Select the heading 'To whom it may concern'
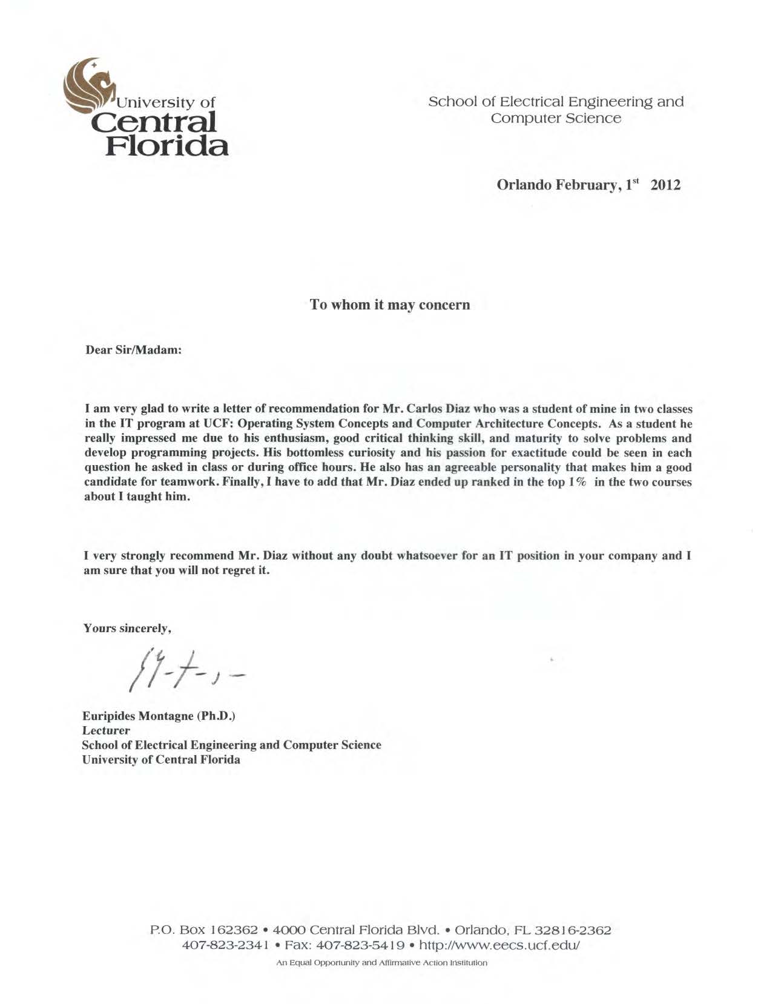(x=389, y=305)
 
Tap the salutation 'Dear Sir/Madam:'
(x=133, y=351)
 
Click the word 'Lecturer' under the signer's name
(x=106, y=731)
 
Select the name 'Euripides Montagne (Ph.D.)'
(x=159, y=716)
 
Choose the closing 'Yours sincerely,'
(x=128, y=629)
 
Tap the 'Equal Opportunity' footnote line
(x=381, y=963)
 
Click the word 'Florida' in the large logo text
(x=167, y=145)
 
